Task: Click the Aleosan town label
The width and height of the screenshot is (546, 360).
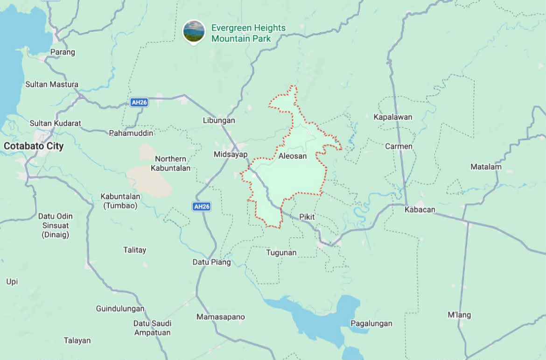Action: (x=293, y=156)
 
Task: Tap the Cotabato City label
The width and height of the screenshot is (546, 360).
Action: (x=34, y=146)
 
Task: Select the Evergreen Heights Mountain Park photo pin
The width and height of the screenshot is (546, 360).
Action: (x=194, y=31)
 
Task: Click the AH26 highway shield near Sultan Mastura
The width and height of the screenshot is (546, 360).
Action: (x=139, y=102)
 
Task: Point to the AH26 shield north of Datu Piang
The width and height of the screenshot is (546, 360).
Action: (x=201, y=206)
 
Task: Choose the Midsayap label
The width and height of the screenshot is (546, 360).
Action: (x=231, y=154)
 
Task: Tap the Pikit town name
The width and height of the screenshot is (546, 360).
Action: (x=307, y=217)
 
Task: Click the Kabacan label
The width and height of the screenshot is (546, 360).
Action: (x=420, y=210)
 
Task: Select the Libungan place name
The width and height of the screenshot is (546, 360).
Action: (x=219, y=120)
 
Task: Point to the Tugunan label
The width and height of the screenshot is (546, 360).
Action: (x=281, y=253)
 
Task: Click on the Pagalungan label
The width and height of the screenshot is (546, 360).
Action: (x=371, y=324)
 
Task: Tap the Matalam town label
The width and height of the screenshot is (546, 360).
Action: (x=486, y=167)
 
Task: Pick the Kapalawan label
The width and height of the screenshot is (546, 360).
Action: (x=393, y=117)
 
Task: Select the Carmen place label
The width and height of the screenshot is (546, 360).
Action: (x=399, y=146)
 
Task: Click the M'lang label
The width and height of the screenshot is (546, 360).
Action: (x=459, y=315)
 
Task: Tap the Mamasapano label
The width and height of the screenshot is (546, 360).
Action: (x=220, y=317)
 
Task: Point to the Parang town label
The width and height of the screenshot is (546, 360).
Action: (x=63, y=52)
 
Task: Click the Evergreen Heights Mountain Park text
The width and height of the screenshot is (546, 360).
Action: (x=248, y=33)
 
